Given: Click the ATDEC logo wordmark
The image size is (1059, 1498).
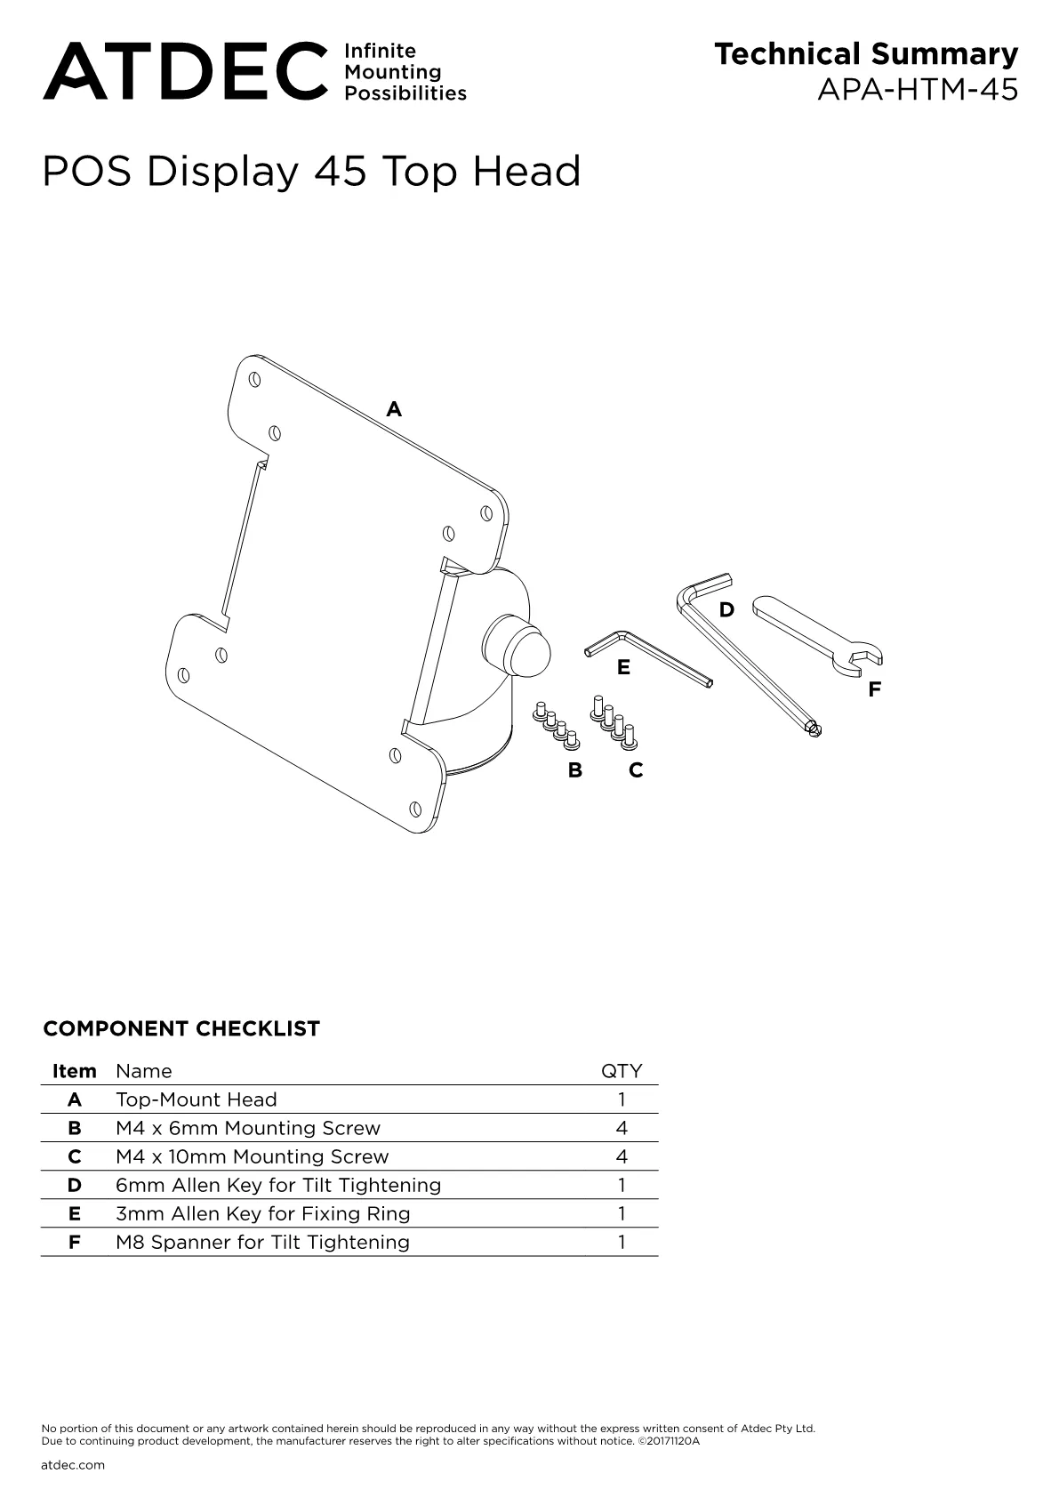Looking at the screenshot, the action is click(185, 71).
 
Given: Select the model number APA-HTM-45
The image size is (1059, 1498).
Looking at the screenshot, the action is click(918, 89).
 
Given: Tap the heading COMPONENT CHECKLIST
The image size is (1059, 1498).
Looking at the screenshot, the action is click(181, 1028).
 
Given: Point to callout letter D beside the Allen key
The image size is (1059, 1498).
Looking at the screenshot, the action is click(726, 610).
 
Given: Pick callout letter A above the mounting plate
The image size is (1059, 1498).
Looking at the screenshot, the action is click(394, 408).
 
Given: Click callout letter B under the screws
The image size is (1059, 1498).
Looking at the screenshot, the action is click(575, 770).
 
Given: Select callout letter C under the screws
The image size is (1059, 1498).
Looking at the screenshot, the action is click(636, 770).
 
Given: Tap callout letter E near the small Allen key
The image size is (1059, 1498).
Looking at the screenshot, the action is click(623, 667).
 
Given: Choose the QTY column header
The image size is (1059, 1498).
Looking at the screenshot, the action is click(622, 1072).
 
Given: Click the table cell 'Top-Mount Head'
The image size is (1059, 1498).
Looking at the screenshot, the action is click(196, 1100).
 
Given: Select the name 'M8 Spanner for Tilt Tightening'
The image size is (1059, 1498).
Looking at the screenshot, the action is click(262, 1243).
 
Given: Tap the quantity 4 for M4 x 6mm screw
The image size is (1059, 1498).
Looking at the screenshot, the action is click(622, 1129).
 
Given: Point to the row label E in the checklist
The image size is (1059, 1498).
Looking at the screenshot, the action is click(74, 1213).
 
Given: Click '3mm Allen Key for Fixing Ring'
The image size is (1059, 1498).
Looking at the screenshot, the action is click(262, 1213).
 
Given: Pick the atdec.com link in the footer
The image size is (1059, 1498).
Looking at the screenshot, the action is click(73, 1465).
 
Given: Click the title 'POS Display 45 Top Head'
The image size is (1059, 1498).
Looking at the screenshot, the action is click(311, 171).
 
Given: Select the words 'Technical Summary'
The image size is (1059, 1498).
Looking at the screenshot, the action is click(866, 55).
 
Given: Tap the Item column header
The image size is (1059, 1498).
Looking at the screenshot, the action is click(74, 1071).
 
